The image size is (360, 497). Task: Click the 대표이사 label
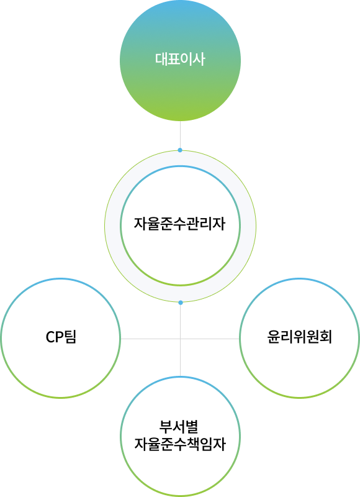[x=180, y=59]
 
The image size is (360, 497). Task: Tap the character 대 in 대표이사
[x=161, y=59]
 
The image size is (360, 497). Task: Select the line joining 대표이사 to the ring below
[x=180, y=135]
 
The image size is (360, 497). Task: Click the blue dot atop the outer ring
[x=180, y=150]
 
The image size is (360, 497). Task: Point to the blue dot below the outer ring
[x=181, y=303]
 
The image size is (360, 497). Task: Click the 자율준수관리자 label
[x=179, y=224]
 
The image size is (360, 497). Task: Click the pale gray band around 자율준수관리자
[x=112, y=226]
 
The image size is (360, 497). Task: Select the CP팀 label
[x=61, y=337]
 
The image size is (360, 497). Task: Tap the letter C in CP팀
[x=50, y=337]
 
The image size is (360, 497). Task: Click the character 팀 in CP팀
[x=70, y=337]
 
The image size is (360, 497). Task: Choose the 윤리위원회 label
[x=299, y=337]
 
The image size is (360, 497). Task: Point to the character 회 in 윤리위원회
[x=325, y=337]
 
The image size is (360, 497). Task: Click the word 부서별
[x=179, y=427]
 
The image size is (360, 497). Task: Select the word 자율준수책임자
[x=180, y=444]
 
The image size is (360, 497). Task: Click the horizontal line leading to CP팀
[x=150, y=339]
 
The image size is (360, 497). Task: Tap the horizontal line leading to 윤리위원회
[x=210, y=339]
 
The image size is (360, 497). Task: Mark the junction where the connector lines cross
[x=181, y=339]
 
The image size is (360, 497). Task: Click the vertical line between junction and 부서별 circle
[x=181, y=358]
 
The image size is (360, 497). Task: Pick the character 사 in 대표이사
[x=199, y=59]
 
